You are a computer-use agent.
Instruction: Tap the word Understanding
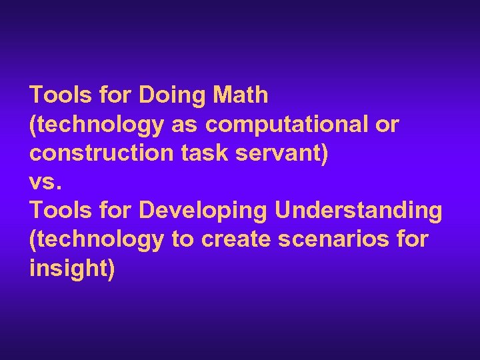pyautogui.click(x=358, y=211)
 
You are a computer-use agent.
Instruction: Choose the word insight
pyautogui.click(x=72, y=269)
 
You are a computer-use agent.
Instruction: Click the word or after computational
pyautogui.click(x=387, y=125)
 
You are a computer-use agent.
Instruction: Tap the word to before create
pyautogui.click(x=181, y=239)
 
